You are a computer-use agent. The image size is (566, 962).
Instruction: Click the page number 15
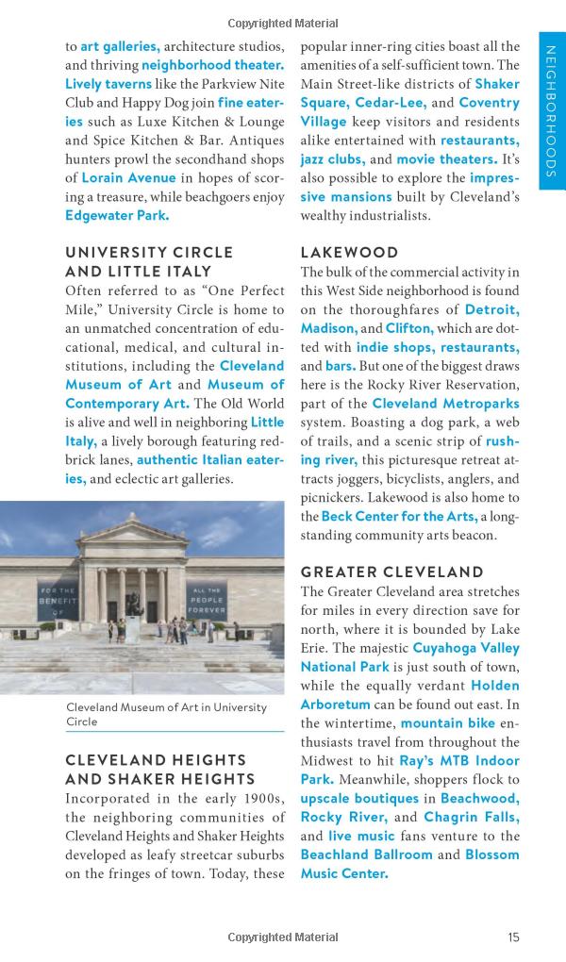512,937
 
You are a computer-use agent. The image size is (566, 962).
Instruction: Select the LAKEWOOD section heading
349,253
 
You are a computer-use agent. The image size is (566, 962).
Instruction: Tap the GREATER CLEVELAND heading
391,572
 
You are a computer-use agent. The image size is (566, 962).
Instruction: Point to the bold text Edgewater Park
117,215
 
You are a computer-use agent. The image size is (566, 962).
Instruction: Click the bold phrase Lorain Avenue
129,177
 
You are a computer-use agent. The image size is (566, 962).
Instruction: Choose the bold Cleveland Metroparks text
439,403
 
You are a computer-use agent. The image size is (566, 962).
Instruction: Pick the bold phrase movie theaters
447,159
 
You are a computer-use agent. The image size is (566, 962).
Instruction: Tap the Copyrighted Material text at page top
282,24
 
